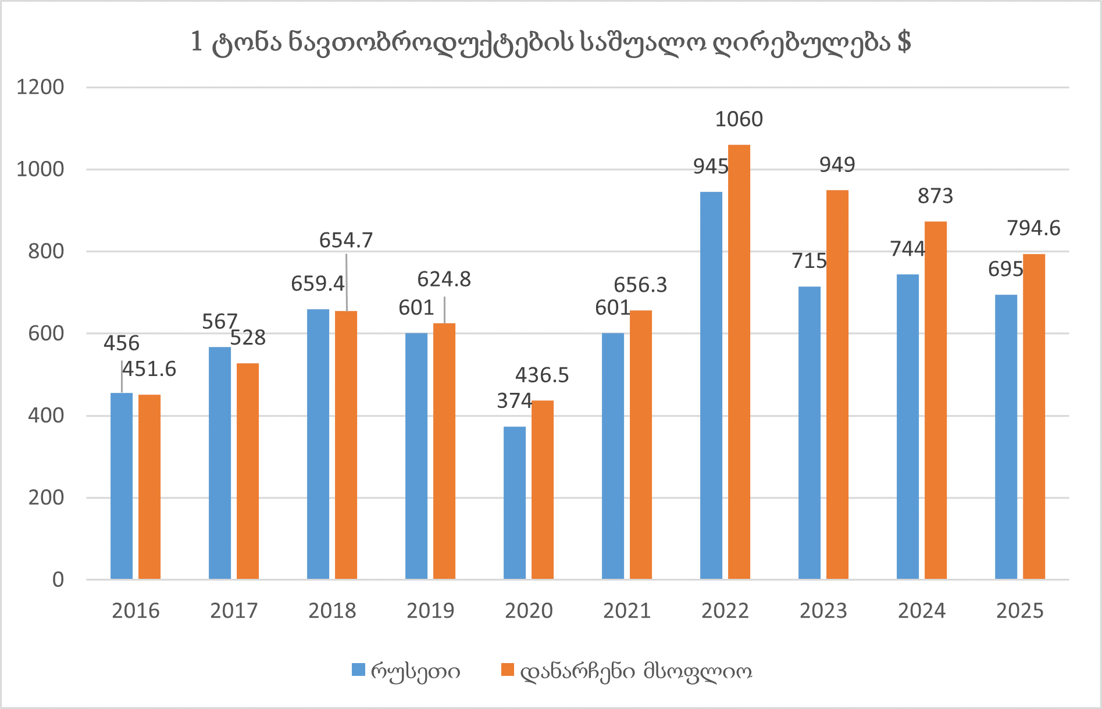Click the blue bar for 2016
point(122,486)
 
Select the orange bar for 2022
point(739,361)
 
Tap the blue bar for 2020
point(515,503)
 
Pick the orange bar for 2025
point(1034,416)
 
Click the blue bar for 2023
point(809,432)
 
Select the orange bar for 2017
point(248,471)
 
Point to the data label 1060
point(739,119)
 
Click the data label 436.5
point(542,375)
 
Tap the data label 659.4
point(318,284)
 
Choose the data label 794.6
point(1033,228)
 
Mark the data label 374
point(514,400)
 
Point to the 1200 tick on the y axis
point(40,87)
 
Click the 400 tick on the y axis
point(46,416)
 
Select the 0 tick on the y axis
point(58,579)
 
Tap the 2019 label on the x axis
point(430,611)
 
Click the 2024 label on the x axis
point(922,611)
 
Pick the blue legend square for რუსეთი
point(359,670)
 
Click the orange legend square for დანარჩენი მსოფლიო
point(508,670)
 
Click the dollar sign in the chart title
point(904,42)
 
